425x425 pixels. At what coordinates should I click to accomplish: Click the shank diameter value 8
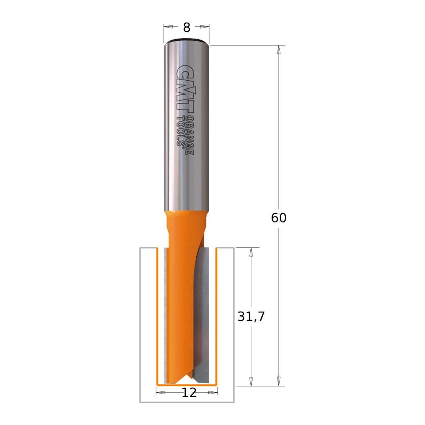click(187, 28)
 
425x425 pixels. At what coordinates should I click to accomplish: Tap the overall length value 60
click(279, 218)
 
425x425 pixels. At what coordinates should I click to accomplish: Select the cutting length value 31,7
click(251, 317)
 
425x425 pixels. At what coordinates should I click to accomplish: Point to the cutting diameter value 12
click(189, 393)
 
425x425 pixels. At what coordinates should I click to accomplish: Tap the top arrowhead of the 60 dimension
click(279, 49)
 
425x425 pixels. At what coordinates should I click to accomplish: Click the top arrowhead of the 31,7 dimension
click(251, 252)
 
